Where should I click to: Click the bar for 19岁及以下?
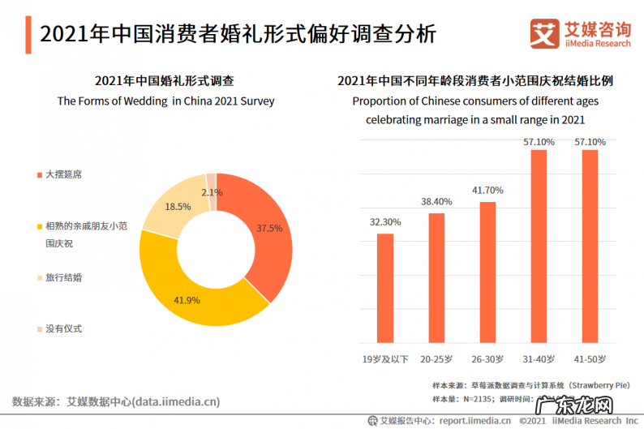(x=385, y=288)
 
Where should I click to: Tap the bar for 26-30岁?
(x=487, y=272)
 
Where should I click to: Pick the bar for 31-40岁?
(x=539, y=246)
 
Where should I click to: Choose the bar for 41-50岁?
(x=590, y=246)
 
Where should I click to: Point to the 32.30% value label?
(x=385, y=221)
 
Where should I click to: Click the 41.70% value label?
(x=487, y=190)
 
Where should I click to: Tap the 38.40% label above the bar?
(x=436, y=201)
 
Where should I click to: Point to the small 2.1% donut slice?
(x=211, y=182)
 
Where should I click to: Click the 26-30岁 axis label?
(x=487, y=358)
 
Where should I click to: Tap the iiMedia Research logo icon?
(x=542, y=33)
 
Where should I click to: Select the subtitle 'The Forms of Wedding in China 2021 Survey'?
(x=165, y=101)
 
